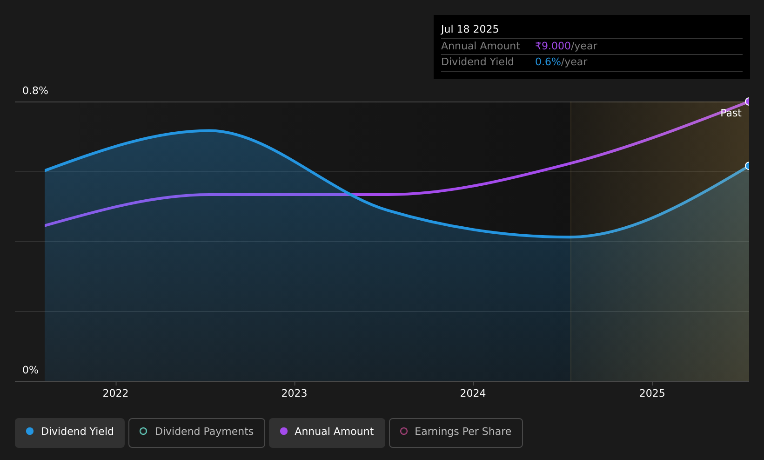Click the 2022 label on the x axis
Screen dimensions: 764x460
(115, 393)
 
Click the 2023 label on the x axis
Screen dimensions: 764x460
(295, 393)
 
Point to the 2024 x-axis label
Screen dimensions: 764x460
(473, 393)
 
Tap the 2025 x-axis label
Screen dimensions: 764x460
(652, 393)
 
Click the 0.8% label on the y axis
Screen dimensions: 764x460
(35, 91)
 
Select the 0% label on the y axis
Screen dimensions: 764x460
(30, 370)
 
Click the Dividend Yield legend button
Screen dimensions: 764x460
(70, 433)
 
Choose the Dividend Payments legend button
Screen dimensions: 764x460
(197, 433)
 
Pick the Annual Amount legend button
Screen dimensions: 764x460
(327, 433)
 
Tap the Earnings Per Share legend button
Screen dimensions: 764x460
(456, 433)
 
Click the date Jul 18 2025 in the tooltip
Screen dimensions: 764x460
(469, 29)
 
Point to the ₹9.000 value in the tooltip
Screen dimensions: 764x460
(553, 46)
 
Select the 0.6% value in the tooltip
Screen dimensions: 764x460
(548, 62)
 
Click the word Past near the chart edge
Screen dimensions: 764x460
(731, 113)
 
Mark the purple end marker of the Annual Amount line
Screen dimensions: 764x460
(748, 101)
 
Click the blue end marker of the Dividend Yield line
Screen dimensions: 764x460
(748, 166)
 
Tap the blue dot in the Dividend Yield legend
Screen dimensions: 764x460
(30, 431)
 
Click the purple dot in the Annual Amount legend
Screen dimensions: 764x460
(283, 431)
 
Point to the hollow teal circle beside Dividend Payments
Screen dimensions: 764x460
(143, 431)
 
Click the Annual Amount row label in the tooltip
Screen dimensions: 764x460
(480, 46)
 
